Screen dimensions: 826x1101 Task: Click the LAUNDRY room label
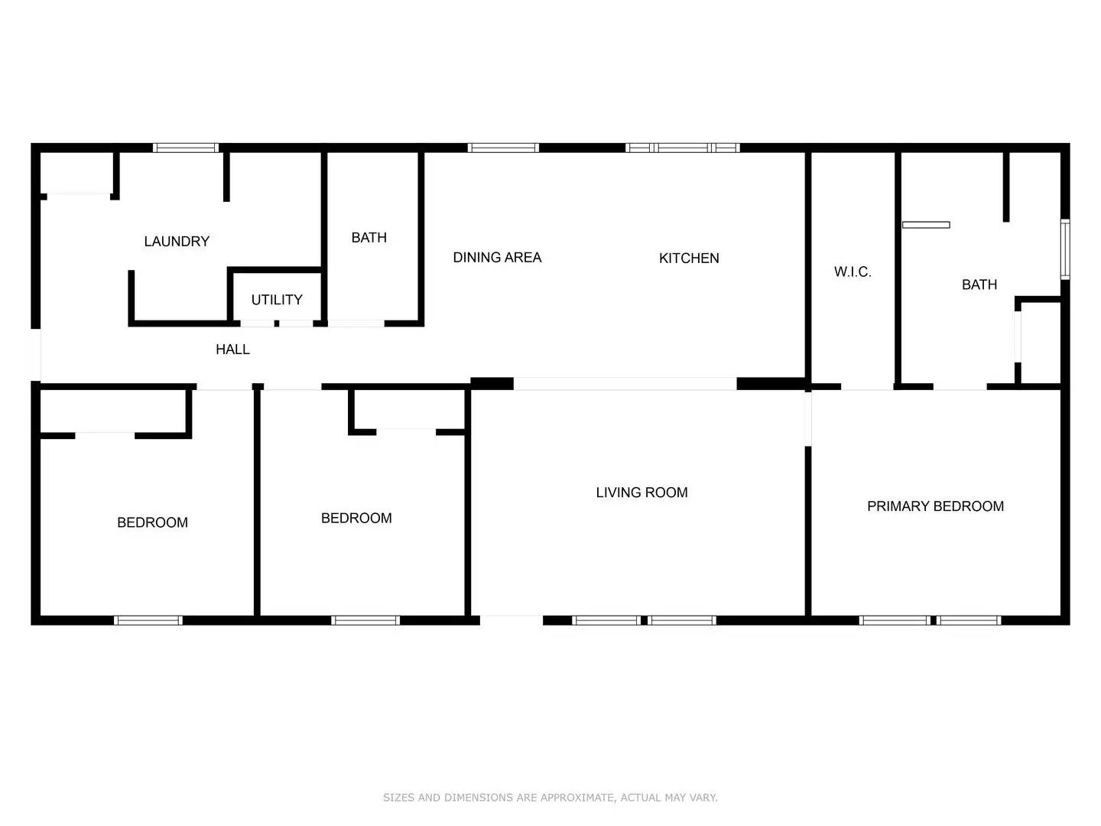177,242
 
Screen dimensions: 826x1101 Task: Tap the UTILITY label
277,300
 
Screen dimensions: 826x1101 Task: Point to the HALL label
232,350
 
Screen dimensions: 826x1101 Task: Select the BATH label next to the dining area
369,238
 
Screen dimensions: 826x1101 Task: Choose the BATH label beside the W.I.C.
979,285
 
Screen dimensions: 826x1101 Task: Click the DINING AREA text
497,258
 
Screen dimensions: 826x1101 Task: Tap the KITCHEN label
689,259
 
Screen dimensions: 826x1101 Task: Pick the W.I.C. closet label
853,272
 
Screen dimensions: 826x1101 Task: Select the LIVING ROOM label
641,493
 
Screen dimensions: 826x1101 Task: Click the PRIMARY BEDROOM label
935,506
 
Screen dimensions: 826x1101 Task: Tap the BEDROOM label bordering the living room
356,519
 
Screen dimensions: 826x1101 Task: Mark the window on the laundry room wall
186,148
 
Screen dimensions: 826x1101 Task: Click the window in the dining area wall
503,148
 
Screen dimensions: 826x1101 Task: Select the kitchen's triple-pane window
683,148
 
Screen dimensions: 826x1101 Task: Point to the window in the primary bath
1064,249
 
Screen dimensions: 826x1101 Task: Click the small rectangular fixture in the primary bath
926,225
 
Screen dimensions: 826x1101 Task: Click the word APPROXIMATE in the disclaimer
576,798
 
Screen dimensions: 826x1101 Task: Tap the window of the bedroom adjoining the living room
365,620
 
